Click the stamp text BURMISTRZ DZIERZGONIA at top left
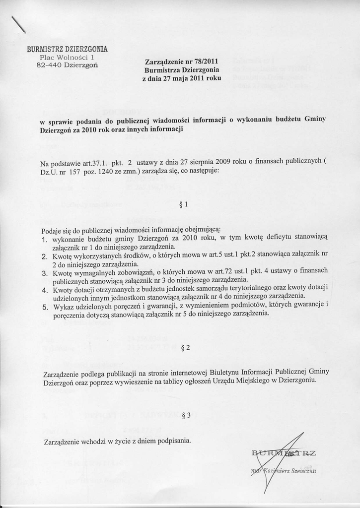point(67,49)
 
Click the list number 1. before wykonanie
point(44,239)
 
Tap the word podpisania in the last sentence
point(173,440)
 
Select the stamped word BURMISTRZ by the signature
point(284,452)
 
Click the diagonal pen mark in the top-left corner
point(18,24)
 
